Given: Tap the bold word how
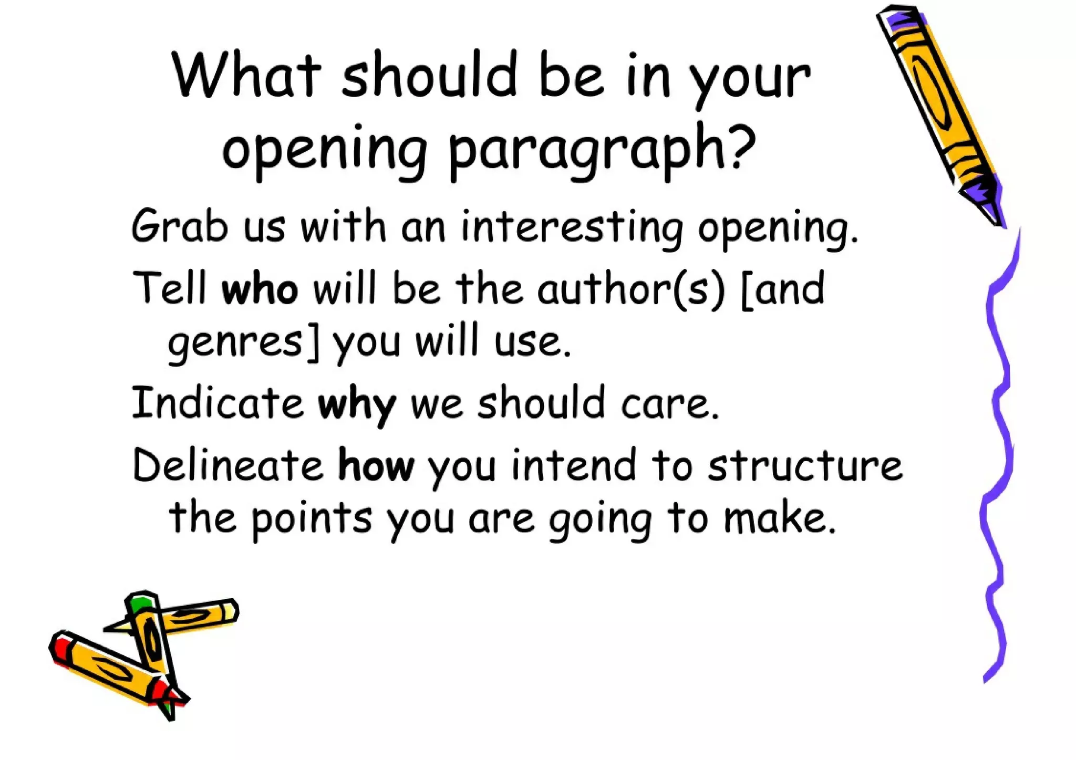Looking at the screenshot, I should [x=376, y=466].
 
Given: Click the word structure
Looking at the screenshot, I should [x=804, y=466].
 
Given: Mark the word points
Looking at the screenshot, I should [x=312, y=519].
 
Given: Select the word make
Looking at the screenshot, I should [x=778, y=518].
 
